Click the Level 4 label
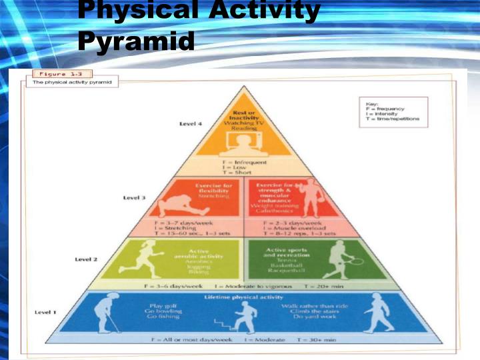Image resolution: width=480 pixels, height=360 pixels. point(191,124)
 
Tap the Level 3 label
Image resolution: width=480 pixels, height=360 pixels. point(134,197)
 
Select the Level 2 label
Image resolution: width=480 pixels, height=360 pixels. point(87,259)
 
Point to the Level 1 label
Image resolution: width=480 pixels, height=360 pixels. point(45,313)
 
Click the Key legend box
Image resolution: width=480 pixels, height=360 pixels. point(393,112)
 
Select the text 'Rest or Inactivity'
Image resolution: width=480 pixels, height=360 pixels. point(245,117)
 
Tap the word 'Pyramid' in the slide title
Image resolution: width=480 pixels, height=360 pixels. point(136,41)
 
